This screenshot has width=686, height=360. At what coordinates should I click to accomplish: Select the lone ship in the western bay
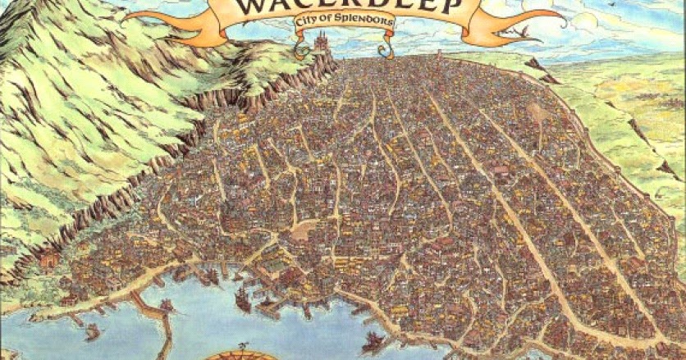(92, 331)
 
